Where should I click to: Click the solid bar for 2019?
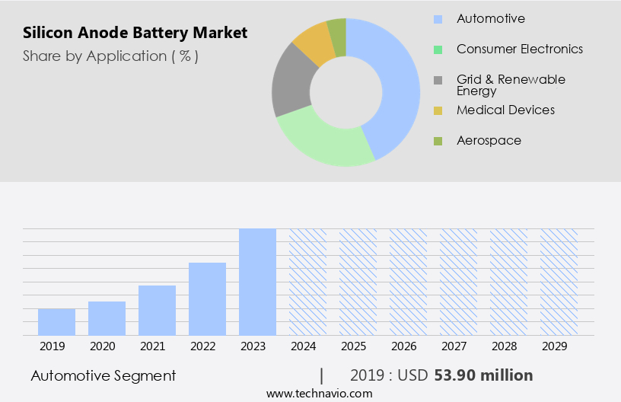[x=56, y=321]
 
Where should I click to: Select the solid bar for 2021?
[x=157, y=310]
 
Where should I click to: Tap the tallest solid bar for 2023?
[x=257, y=282]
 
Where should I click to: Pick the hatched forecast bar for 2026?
[x=408, y=282]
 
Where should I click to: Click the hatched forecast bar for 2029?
[x=559, y=282]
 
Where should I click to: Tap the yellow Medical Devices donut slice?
[x=313, y=43]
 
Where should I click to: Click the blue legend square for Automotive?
[x=438, y=19]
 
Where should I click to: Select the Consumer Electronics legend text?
[x=520, y=49]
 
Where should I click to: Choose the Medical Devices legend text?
[x=505, y=110]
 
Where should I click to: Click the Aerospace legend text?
[x=489, y=140]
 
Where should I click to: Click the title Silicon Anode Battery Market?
[x=135, y=33]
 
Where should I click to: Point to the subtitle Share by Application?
[x=110, y=56]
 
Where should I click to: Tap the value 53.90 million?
[x=483, y=375]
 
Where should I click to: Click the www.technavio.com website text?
[x=320, y=393]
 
